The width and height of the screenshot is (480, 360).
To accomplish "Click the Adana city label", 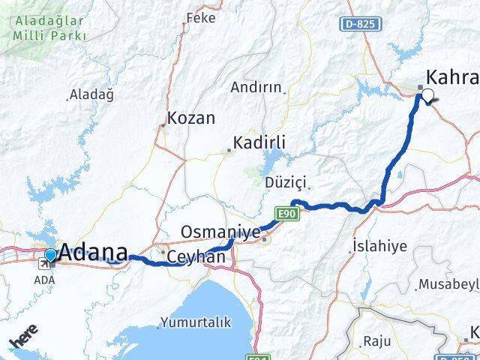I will pyautogui.click(x=93, y=252).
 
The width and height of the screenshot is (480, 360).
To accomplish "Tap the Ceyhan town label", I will pyautogui.click(x=196, y=256).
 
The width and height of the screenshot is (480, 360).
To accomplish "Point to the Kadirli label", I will pyautogui.click(x=259, y=142).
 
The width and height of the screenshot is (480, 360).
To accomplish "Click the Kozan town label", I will pyautogui.click(x=191, y=118).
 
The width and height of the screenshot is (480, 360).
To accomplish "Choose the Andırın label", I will pyautogui.click(x=256, y=87).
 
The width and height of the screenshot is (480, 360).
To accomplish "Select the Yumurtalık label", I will pyautogui.click(x=191, y=324).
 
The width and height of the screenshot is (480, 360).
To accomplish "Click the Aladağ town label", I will pyautogui.click(x=92, y=94).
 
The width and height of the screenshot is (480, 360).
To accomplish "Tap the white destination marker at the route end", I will pyautogui.click(x=428, y=95).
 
